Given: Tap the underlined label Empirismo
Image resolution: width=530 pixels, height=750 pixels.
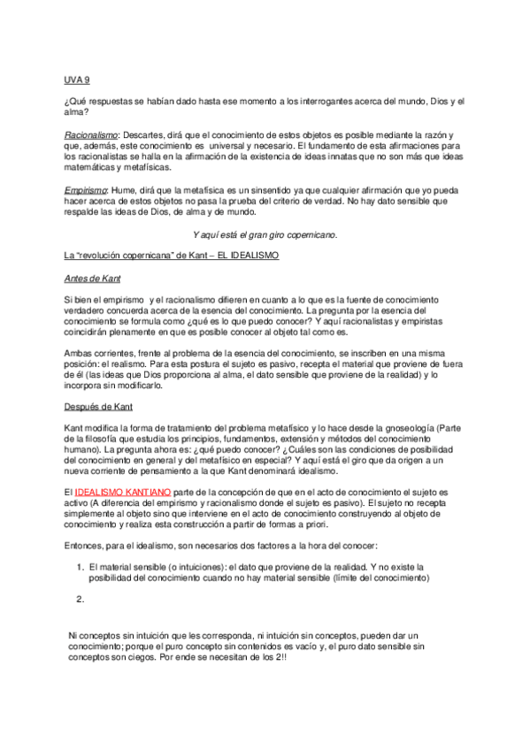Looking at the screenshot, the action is click(x=86, y=190).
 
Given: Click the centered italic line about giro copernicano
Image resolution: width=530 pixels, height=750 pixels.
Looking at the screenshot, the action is click(x=265, y=234).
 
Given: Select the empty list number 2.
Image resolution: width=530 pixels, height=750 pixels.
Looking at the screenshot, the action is click(x=80, y=600).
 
